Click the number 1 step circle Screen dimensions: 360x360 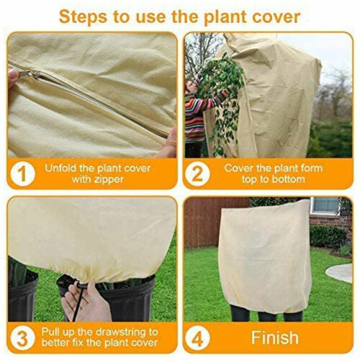click(22, 174)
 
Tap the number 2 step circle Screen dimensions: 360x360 click(197, 174)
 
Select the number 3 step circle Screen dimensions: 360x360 click(22, 338)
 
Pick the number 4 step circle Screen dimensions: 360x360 click(197, 338)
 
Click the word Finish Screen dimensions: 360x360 click(275, 338)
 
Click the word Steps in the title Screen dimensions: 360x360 click(83, 17)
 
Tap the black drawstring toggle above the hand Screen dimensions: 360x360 click(81, 286)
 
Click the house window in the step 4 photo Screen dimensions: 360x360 click(325, 206)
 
